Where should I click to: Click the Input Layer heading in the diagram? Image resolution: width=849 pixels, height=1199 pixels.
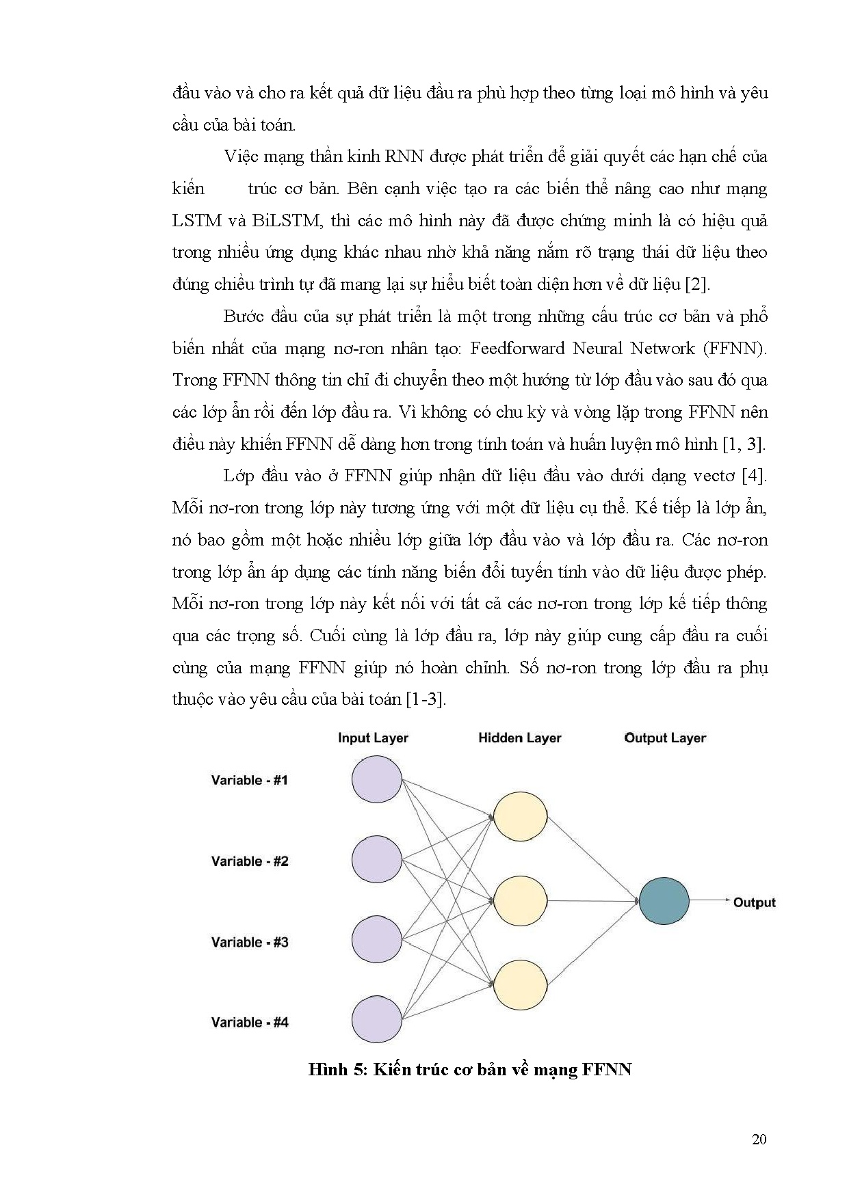pyautogui.click(x=373, y=738)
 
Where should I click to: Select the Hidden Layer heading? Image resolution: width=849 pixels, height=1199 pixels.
pyautogui.click(x=519, y=738)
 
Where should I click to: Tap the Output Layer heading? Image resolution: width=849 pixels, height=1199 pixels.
pyautogui.click(x=665, y=738)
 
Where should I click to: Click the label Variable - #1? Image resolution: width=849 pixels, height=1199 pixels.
pyautogui.click(x=250, y=780)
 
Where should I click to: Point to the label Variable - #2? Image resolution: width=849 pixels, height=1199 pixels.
pyautogui.click(x=250, y=861)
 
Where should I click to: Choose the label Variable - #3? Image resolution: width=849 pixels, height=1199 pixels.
pyautogui.click(x=250, y=942)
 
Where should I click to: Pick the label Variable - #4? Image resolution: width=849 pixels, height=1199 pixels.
pyautogui.click(x=250, y=1023)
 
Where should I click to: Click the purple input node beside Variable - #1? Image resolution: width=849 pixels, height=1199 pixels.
pyautogui.click(x=377, y=779)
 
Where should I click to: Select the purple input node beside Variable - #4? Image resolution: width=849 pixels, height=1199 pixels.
pyautogui.click(x=377, y=1020)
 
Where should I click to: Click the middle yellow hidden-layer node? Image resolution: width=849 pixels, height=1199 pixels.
pyautogui.click(x=521, y=901)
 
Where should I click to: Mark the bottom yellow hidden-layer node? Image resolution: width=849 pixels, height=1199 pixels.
pyautogui.click(x=521, y=985)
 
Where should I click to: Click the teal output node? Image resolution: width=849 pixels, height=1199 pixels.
pyautogui.click(x=664, y=901)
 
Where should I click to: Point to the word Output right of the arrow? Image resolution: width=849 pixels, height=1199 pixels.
pyautogui.click(x=754, y=902)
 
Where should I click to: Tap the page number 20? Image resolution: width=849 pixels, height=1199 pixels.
pyautogui.click(x=759, y=1139)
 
